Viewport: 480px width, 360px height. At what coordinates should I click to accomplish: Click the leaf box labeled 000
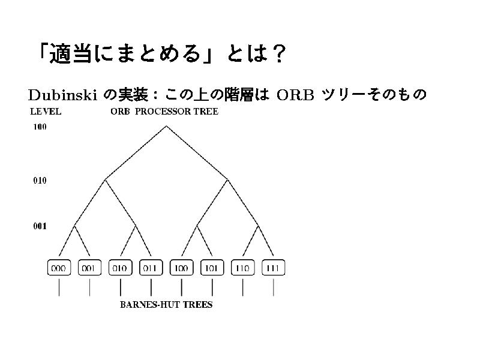click(59, 268)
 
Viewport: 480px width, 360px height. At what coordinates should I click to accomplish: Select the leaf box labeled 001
click(89, 268)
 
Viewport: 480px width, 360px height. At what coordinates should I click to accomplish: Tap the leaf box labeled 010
click(121, 268)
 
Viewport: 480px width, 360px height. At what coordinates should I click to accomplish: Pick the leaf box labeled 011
click(151, 268)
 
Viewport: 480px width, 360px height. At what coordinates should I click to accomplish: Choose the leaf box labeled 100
click(182, 268)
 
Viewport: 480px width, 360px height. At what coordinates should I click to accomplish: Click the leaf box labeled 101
click(212, 268)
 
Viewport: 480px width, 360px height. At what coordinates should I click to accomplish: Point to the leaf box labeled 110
click(243, 268)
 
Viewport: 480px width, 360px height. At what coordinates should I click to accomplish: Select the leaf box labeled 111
click(274, 268)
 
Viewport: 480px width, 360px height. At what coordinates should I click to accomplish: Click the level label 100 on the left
click(40, 127)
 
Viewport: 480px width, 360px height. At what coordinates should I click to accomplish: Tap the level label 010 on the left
click(40, 181)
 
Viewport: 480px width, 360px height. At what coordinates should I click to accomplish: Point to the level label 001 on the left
click(40, 226)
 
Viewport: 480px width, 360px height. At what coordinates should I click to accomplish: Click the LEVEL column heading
click(46, 112)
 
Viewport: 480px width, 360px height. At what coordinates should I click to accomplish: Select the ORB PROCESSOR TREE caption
click(164, 112)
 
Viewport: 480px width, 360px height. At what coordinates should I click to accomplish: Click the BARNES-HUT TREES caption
click(166, 305)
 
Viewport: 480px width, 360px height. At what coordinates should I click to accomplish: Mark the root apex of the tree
click(166, 126)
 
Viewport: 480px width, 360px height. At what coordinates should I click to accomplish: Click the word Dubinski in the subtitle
click(62, 95)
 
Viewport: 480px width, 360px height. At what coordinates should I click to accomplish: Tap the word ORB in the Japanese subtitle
click(295, 95)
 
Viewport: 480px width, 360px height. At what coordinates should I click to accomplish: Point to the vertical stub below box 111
click(274, 289)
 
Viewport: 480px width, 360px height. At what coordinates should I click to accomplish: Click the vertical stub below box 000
click(59, 289)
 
